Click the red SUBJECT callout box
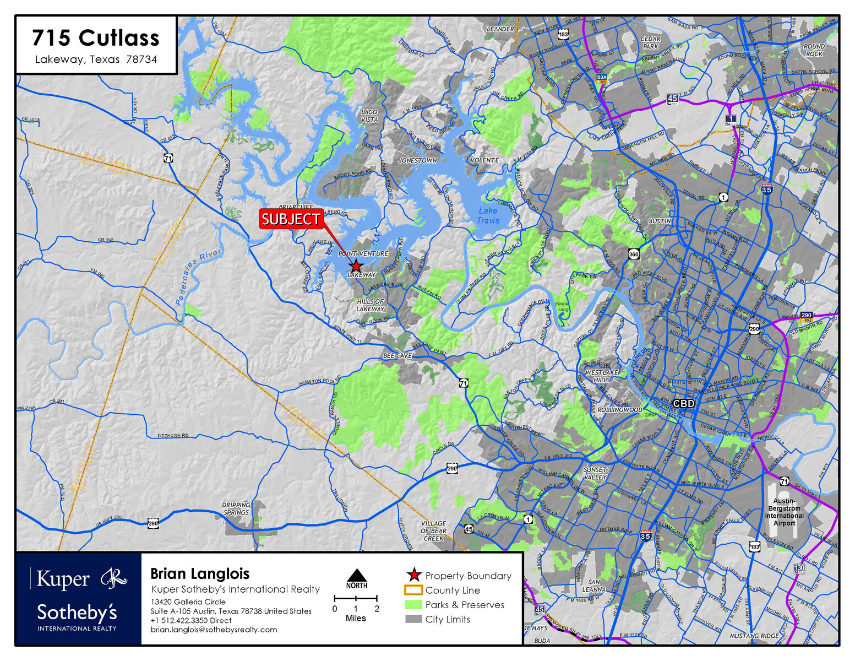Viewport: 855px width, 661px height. [291, 219]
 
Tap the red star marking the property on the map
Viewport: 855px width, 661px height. [356, 266]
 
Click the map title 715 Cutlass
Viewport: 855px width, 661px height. [96, 38]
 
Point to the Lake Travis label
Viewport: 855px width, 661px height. [488, 215]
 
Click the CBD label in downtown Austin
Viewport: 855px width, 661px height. [684, 403]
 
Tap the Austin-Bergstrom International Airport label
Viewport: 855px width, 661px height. [784, 512]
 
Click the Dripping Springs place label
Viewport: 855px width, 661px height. [236, 508]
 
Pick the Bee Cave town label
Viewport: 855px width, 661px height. [397, 356]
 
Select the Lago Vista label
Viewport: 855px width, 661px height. [369, 116]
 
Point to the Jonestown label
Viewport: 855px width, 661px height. [417, 160]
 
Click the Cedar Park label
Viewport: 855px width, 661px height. [651, 42]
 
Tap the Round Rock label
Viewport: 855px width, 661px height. [814, 50]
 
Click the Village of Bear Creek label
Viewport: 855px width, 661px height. [433, 531]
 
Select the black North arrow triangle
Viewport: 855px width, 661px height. [357, 575]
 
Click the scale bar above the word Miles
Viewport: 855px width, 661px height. [356, 598]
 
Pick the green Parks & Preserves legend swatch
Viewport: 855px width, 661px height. [413, 605]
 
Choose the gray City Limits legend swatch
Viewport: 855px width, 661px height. [413, 619]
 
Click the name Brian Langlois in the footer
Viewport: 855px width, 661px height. [200, 573]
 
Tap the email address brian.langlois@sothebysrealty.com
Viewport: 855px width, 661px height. [214, 630]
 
